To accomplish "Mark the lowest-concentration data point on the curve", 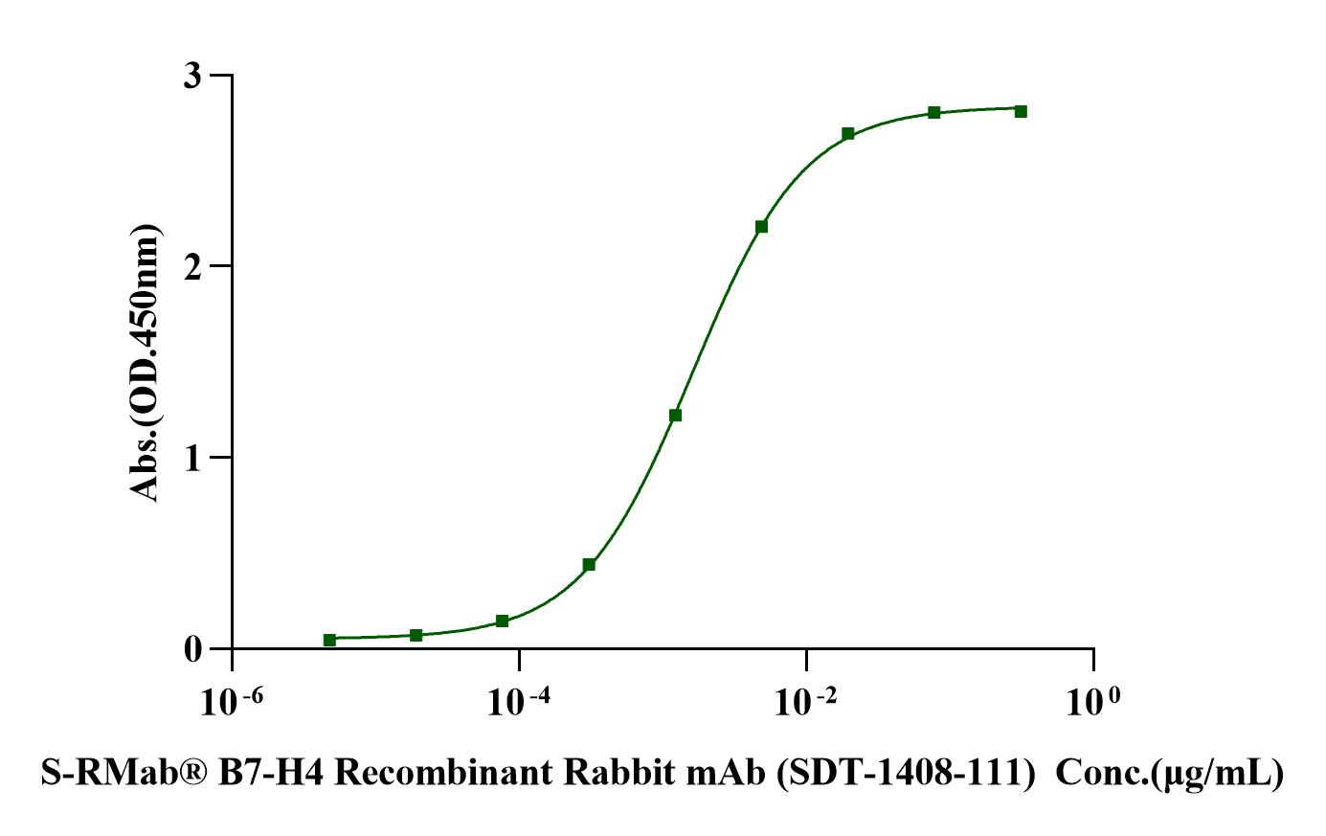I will click(329, 640).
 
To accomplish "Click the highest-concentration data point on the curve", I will click(1021, 111).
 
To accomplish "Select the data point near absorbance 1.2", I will click(675, 416).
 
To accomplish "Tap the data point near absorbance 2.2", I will click(761, 227).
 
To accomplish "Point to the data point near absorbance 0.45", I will click(589, 565).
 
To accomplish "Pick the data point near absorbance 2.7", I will click(848, 134).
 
